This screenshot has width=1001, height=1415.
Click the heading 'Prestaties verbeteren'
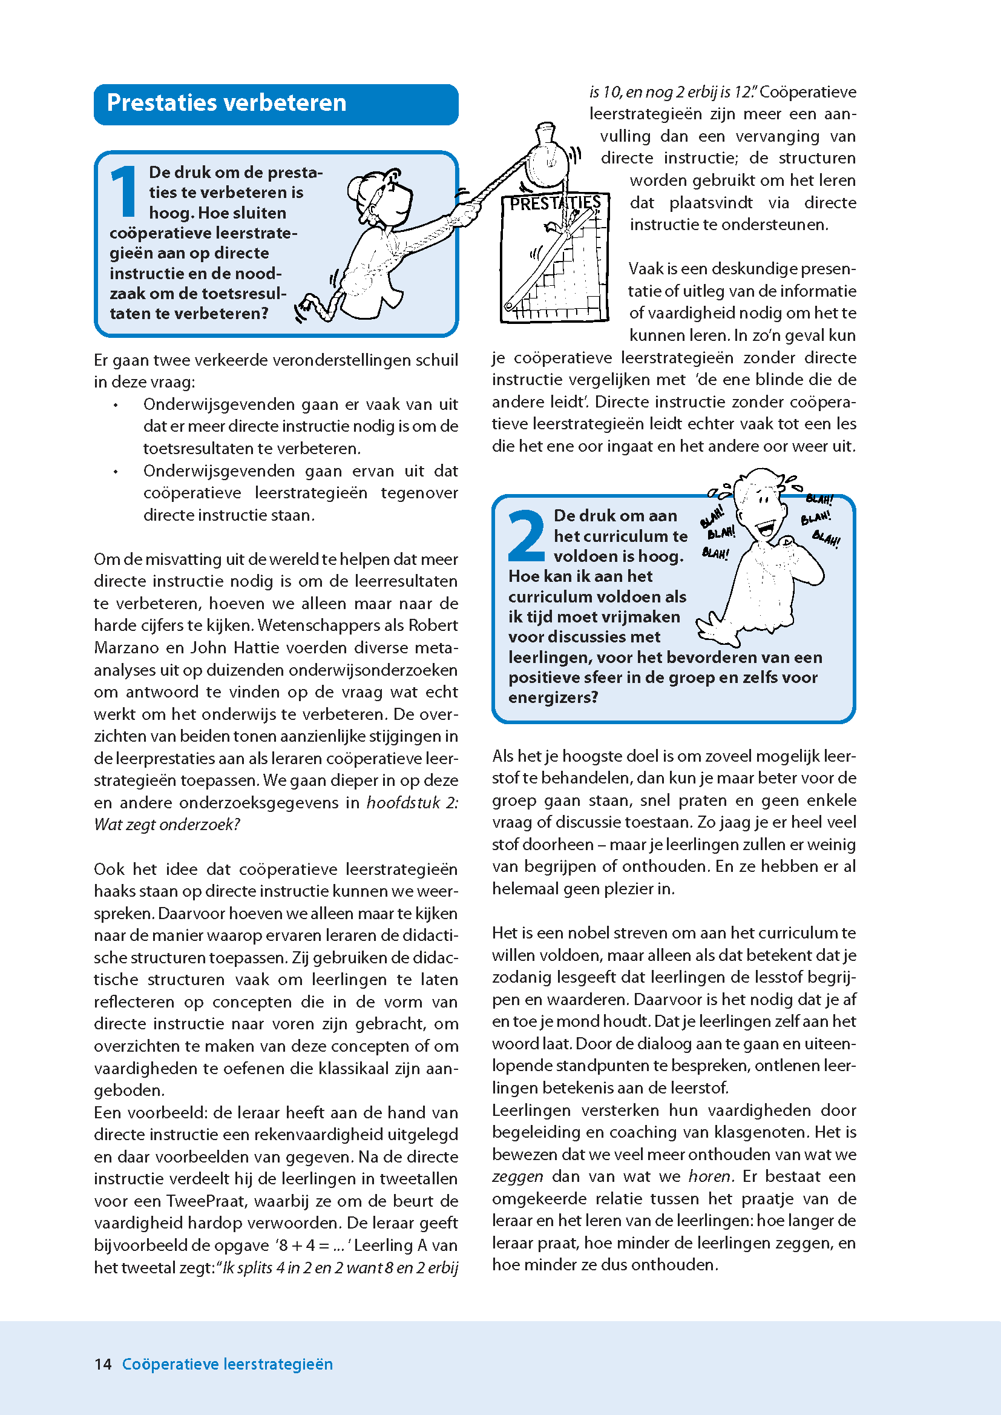[226, 103]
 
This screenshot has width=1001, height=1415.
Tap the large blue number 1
[124, 192]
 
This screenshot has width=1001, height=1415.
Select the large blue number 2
[526, 536]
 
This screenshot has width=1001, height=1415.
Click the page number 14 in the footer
[103, 1364]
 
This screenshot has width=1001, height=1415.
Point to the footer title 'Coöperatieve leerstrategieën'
[227, 1364]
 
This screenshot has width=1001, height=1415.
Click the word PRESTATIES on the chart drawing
[555, 203]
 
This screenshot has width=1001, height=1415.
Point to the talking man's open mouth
[766, 528]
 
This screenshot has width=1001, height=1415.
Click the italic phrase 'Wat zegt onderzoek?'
[166, 824]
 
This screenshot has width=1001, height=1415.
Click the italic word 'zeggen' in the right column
[517, 1176]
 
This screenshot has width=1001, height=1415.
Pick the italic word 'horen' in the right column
[709, 1176]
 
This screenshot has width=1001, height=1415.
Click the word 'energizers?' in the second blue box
[553, 698]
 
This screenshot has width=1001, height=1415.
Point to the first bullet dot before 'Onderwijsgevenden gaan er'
[115, 405]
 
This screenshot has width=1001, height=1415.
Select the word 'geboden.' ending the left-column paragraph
[129, 1090]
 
